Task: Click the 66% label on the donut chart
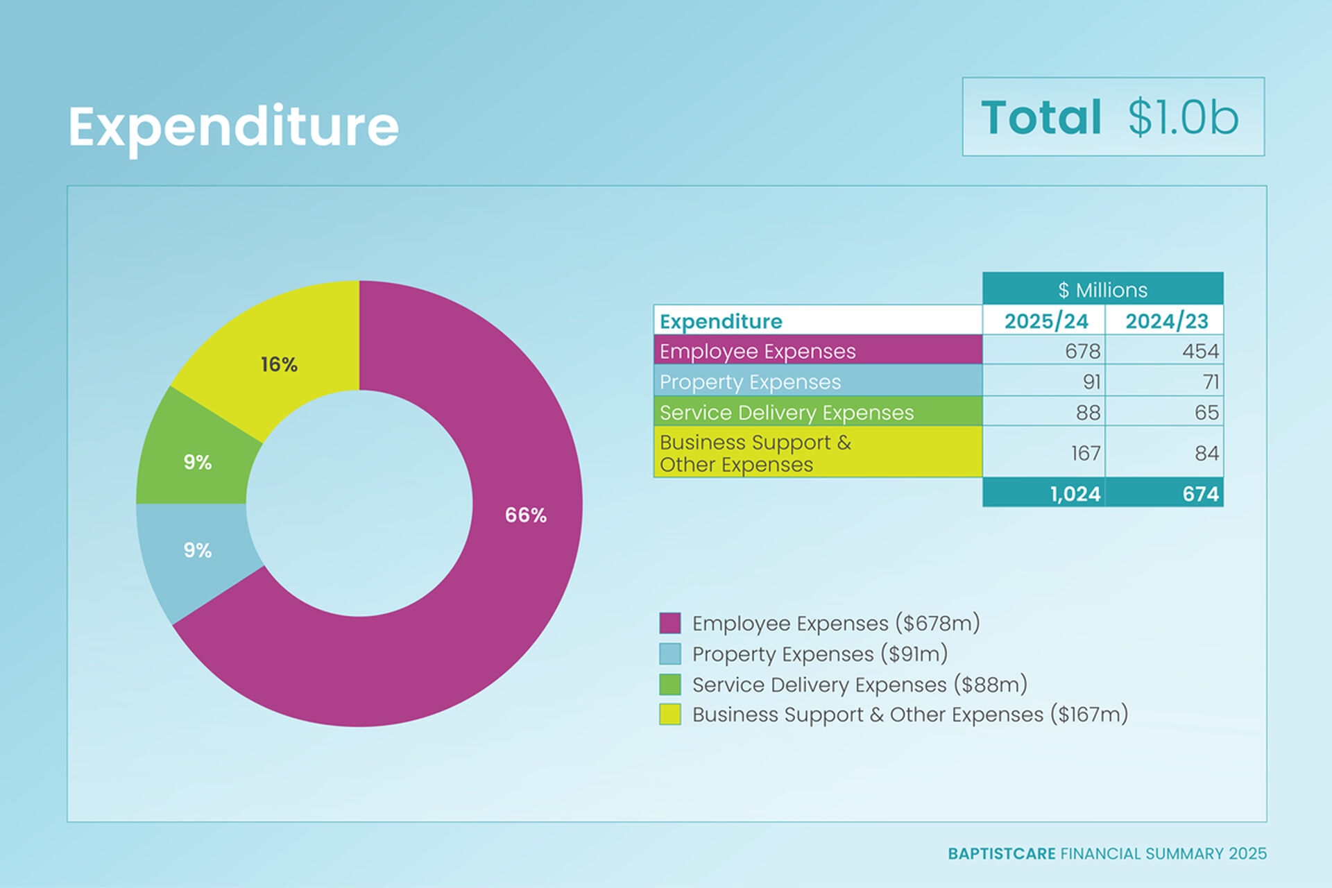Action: [x=525, y=515]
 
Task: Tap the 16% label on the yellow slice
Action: [x=279, y=364]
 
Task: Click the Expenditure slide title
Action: [x=233, y=126]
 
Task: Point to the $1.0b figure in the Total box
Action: [x=1182, y=117]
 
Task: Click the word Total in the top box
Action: [x=1041, y=117]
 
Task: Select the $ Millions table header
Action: [x=1102, y=289]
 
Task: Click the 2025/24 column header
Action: [x=1045, y=321]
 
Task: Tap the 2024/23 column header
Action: [x=1166, y=321]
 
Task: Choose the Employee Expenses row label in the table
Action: [x=758, y=351]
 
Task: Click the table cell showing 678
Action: [x=1082, y=351]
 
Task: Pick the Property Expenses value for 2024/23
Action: [x=1210, y=382]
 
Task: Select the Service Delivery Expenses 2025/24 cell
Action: [x=1087, y=413]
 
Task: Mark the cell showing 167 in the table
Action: [x=1085, y=453]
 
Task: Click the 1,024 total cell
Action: [x=1075, y=493]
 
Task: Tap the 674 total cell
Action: [x=1199, y=493]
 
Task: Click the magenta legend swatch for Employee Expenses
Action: [x=669, y=623]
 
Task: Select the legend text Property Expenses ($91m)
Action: [x=819, y=654]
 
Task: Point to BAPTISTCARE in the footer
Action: [x=1001, y=853]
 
